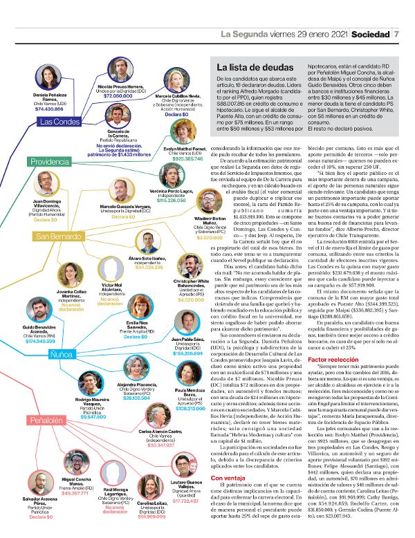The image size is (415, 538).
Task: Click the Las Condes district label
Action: pyautogui.click(x=60, y=122)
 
